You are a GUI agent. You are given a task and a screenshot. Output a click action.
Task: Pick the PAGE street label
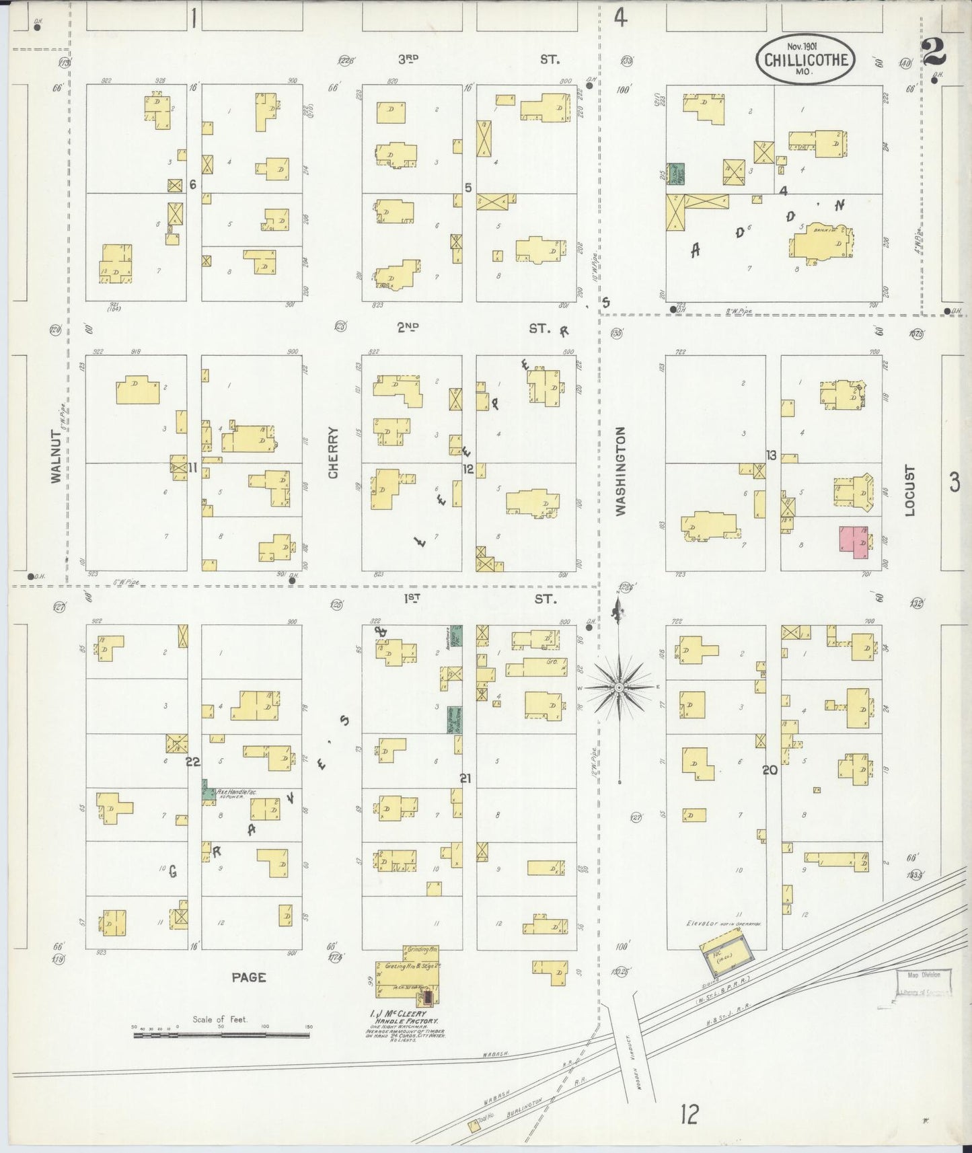[x=248, y=977]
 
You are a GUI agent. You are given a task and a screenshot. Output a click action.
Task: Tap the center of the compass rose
[x=618, y=687]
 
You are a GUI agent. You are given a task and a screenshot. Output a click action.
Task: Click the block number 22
[x=193, y=761]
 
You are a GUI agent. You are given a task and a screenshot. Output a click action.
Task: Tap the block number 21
[x=465, y=778]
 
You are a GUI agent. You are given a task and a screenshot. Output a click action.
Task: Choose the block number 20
[x=770, y=770]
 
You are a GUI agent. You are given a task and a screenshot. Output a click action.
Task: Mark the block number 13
[x=771, y=455]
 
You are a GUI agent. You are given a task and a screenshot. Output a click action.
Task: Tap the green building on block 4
[x=675, y=174]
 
